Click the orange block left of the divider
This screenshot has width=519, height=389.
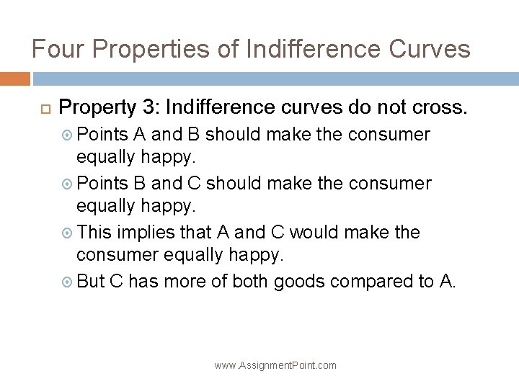(15, 78)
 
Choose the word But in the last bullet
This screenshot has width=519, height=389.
(91, 282)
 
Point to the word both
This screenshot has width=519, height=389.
(252, 282)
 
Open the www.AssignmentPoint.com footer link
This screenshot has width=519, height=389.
(275, 365)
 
